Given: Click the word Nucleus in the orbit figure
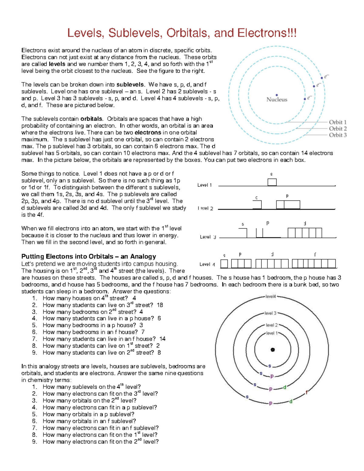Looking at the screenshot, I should pyautogui.click(x=277, y=99).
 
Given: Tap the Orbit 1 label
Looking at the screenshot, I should pyautogui.click(x=338, y=122).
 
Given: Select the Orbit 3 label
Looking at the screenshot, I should pyautogui.click(x=338, y=135).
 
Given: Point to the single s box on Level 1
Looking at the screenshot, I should pyautogui.click(x=272, y=182).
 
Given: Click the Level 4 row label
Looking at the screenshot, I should pyautogui.click(x=207, y=264).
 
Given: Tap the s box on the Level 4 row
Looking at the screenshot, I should pyautogui.click(x=224, y=264).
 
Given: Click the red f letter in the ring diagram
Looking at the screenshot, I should pyautogui.click(x=307, y=392).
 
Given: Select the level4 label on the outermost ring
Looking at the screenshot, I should pyautogui.click(x=271, y=297).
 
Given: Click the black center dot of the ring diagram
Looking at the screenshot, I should pyautogui.click(x=273, y=350).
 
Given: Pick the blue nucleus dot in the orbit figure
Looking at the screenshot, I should pyautogui.click(x=277, y=95).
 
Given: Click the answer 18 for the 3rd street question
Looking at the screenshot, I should pyautogui.click(x=160, y=305).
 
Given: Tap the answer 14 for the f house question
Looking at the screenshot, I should pyautogui.click(x=162, y=339).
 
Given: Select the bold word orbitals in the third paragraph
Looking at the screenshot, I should pyautogui.click(x=91, y=119).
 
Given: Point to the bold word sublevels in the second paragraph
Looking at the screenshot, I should pyautogui.click(x=130, y=85).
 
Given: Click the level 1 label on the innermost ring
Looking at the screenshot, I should pyautogui.click(x=272, y=333).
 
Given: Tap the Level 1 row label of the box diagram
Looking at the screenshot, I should pyautogui.click(x=205, y=185).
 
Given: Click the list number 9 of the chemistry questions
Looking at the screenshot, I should pyautogui.click(x=35, y=442).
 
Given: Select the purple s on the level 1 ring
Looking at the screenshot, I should pyautogui.click(x=269, y=366).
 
